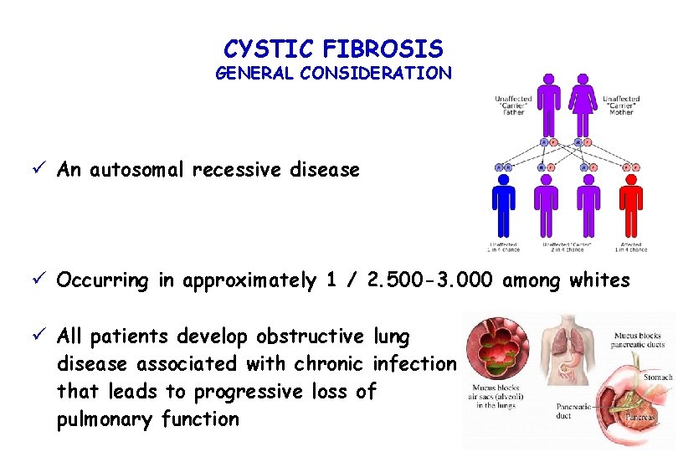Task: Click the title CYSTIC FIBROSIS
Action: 333,48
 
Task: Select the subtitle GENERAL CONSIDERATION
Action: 333,73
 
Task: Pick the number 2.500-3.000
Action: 431,280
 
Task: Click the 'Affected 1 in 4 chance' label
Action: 630,247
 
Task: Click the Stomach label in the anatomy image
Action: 658,378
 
